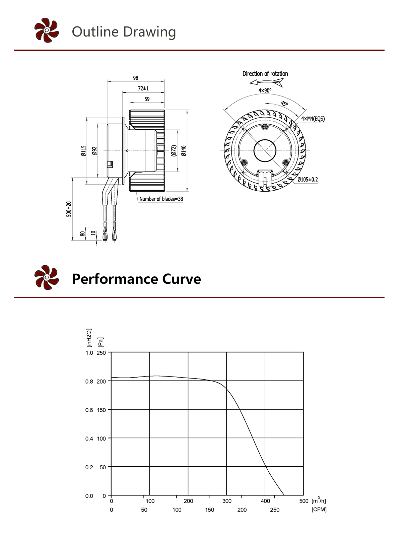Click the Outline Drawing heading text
tap(124, 32)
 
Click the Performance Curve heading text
tap(136, 279)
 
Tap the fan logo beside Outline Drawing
tap(47, 30)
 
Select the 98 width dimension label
tap(135, 78)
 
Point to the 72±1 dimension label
tap(143, 88)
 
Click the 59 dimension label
tap(147, 99)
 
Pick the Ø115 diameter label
tap(83, 151)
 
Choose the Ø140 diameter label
tap(184, 151)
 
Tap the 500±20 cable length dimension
tap(69, 209)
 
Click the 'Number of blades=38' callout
tap(161, 199)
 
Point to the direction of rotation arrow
tap(267, 82)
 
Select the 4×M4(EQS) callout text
tap(313, 119)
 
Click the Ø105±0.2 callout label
tap(308, 180)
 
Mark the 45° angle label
tap(284, 104)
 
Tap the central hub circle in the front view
tap(265, 151)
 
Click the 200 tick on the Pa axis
tap(101, 381)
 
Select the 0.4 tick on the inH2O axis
tap(89, 439)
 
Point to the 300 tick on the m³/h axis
tap(227, 501)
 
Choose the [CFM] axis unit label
tap(319, 510)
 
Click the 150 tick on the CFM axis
tap(209, 510)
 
